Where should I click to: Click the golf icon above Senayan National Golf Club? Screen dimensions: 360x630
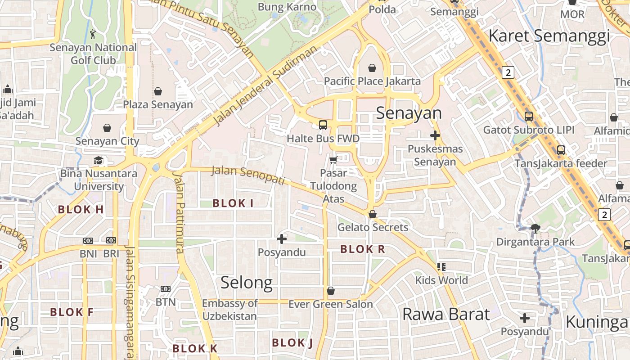(x=93, y=34)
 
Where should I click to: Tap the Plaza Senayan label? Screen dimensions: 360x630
(x=158, y=104)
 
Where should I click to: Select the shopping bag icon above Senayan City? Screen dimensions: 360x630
(x=107, y=128)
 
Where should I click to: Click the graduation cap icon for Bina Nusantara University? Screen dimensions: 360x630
(x=98, y=161)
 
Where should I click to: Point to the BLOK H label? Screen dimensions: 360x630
(x=81, y=209)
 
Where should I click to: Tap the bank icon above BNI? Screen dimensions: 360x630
(x=88, y=241)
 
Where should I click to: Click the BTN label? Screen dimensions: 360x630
(x=166, y=302)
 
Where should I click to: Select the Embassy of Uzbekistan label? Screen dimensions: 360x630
(x=229, y=310)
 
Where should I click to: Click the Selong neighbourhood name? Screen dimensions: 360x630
(x=247, y=283)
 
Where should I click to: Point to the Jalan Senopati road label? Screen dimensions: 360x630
(x=248, y=175)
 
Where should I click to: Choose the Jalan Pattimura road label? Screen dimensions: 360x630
(x=180, y=211)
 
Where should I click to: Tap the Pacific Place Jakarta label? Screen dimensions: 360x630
(x=373, y=81)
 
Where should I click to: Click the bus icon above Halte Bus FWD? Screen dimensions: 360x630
(x=323, y=125)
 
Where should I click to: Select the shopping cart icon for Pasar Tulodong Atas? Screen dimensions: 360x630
(x=333, y=160)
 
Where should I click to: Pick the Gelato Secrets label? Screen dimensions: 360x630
(x=373, y=227)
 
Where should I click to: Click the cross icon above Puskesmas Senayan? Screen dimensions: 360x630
(x=435, y=135)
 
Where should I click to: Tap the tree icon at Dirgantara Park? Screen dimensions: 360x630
(x=535, y=229)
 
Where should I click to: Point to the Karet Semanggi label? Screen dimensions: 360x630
(x=549, y=36)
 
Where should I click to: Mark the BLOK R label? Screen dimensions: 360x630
(x=363, y=249)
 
